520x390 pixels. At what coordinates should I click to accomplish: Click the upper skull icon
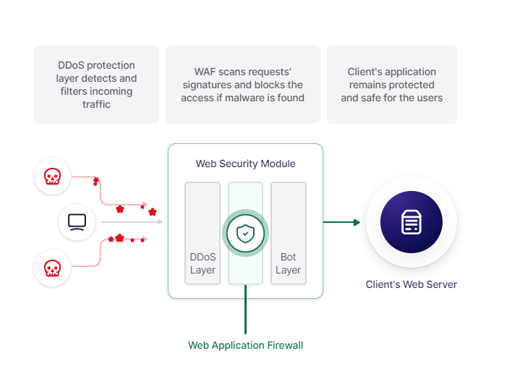[52, 177]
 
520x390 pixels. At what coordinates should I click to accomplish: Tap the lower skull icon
[52, 268]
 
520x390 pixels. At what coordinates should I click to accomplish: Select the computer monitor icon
[77, 222]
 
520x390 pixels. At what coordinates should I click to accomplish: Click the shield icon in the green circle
[245, 233]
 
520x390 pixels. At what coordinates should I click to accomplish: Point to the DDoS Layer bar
[203, 233]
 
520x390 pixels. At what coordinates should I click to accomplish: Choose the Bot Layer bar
[288, 233]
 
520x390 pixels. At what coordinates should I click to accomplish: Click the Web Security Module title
[245, 164]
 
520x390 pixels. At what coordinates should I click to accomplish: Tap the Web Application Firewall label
[245, 345]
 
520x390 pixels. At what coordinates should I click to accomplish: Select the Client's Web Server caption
[411, 284]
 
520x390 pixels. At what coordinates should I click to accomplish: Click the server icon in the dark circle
[411, 222]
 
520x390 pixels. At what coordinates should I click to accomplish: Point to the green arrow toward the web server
[341, 222]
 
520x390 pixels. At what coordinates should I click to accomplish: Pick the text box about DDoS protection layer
[97, 85]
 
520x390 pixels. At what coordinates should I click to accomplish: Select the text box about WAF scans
[243, 85]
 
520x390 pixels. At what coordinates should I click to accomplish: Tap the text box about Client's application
[392, 85]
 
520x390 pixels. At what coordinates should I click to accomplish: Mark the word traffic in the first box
[96, 104]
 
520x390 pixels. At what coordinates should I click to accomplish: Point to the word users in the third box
[429, 98]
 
